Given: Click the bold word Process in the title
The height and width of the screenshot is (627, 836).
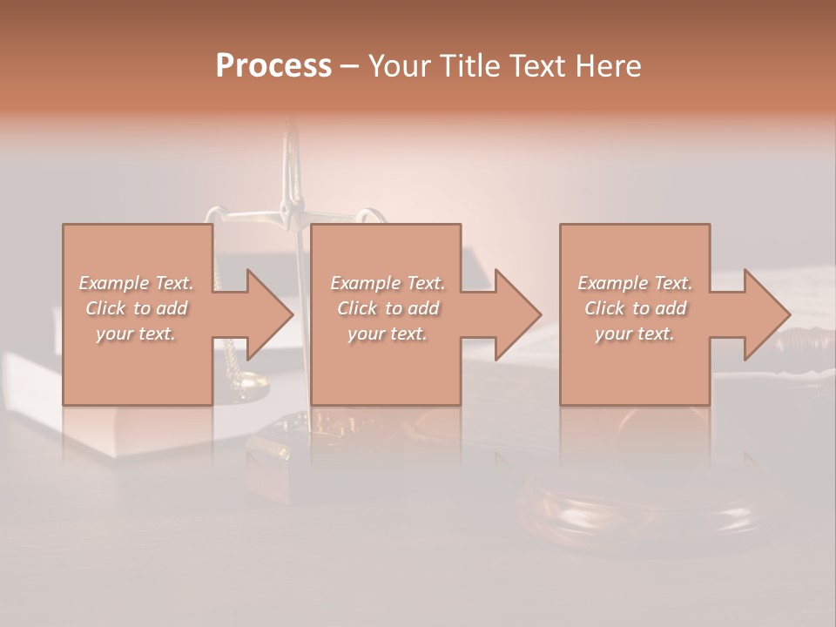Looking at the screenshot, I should [273, 66].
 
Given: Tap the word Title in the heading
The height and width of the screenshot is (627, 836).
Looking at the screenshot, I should [468, 66].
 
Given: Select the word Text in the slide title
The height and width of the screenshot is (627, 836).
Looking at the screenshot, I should [538, 66].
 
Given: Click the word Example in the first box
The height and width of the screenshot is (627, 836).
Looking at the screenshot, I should [112, 283].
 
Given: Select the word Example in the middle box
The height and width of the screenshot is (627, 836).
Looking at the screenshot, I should [363, 283].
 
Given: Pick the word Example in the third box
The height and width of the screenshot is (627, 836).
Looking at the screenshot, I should [611, 283].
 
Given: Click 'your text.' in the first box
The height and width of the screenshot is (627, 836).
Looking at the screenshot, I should [135, 334].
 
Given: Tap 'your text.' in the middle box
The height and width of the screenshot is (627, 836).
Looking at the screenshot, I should [387, 334].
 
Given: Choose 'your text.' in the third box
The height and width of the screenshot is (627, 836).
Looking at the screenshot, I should [634, 334].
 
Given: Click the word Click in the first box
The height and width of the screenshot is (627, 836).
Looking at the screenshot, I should [104, 308].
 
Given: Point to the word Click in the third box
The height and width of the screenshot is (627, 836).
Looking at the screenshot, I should [603, 308].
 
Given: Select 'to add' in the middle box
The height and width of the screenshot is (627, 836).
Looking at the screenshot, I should [412, 308].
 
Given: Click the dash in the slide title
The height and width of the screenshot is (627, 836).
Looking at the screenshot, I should [350, 66].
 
